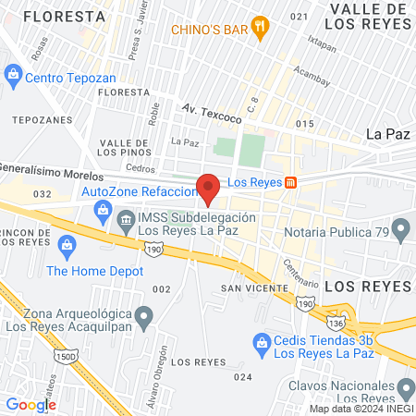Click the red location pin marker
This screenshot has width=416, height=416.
click(x=209, y=188)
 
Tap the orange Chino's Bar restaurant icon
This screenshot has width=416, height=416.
click(x=263, y=28)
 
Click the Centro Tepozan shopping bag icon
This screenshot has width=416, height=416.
click(x=13, y=72)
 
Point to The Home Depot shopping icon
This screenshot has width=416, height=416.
click(x=66, y=245)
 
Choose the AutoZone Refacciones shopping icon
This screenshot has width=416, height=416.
click(x=103, y=210)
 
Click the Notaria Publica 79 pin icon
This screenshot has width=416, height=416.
click(x=400, y=227)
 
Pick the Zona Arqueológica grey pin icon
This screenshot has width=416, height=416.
click(x=143, y=319)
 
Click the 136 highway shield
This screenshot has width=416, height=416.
click(x=339, y=323)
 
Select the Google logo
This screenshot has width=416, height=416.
click(x=31, y=404)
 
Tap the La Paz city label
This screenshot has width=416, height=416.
click(x=387, y=133)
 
